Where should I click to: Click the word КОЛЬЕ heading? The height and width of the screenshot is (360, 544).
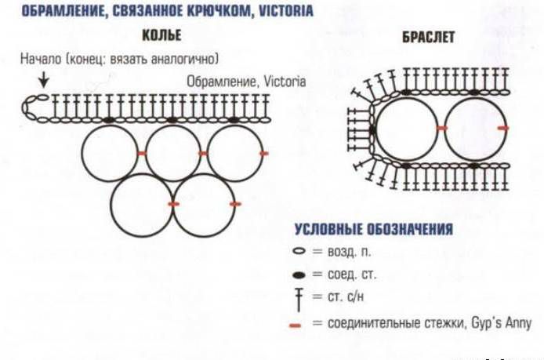(161, 35)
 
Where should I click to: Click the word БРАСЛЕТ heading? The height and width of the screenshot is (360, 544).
(428, 37)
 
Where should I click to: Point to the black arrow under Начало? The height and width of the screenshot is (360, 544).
(43, 79)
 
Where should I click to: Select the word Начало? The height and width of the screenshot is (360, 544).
(41, 59)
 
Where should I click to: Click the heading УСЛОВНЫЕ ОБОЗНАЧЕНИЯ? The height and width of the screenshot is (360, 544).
(374, 230)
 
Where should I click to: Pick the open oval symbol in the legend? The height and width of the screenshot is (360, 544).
(299, 251)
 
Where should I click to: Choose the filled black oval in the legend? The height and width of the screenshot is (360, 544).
(299, 275)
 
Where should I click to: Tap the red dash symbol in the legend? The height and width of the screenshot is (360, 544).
(295, 325)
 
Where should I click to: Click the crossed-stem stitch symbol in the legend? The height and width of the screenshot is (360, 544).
(299, 300)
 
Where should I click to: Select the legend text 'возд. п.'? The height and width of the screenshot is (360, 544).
(349, 252)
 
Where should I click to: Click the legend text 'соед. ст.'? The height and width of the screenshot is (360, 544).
(352, 275)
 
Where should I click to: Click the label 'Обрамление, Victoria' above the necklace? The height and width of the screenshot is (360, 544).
(246, 82)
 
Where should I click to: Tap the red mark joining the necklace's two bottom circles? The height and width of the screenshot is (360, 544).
(173, 204)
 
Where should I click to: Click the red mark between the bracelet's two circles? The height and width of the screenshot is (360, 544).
(441, 129)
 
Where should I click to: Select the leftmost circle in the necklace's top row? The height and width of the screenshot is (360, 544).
(82, 154)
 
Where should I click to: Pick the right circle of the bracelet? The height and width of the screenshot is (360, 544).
(444, 129)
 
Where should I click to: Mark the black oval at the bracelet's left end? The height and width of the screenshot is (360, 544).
(372, 130)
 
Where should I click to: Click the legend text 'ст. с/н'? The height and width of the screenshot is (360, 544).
(346, 297)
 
